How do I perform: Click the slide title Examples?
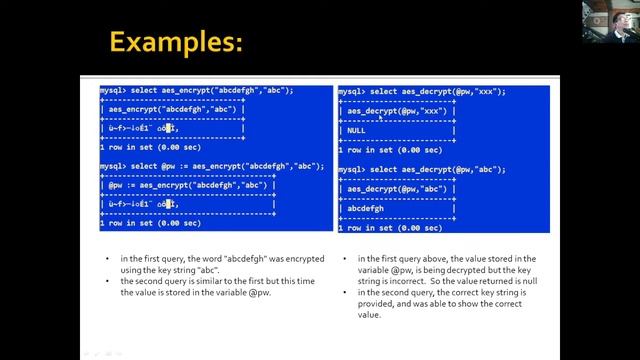pos(176,42)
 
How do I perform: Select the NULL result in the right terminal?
pos(357,130)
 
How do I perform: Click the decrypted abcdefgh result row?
pos(365,208)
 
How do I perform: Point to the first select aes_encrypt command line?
pos(196,91)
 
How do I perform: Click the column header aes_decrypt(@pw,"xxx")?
pos(398,111)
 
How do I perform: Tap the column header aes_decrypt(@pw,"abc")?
pos(398,189)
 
